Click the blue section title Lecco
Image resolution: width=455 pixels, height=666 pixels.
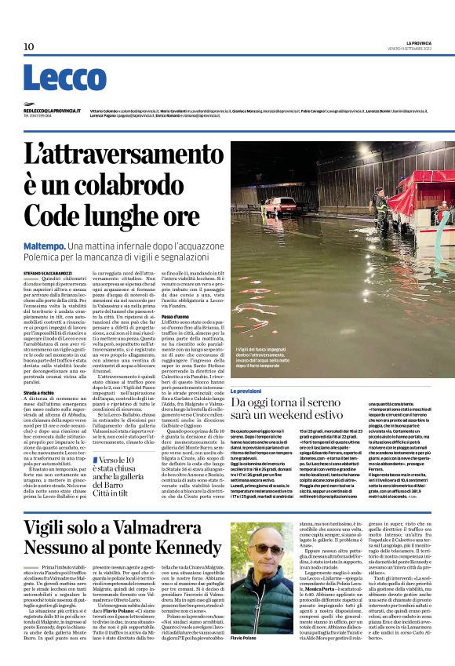[54, 79]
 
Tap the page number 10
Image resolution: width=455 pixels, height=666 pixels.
[29, 47]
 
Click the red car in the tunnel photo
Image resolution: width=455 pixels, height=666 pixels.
[280, 206]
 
